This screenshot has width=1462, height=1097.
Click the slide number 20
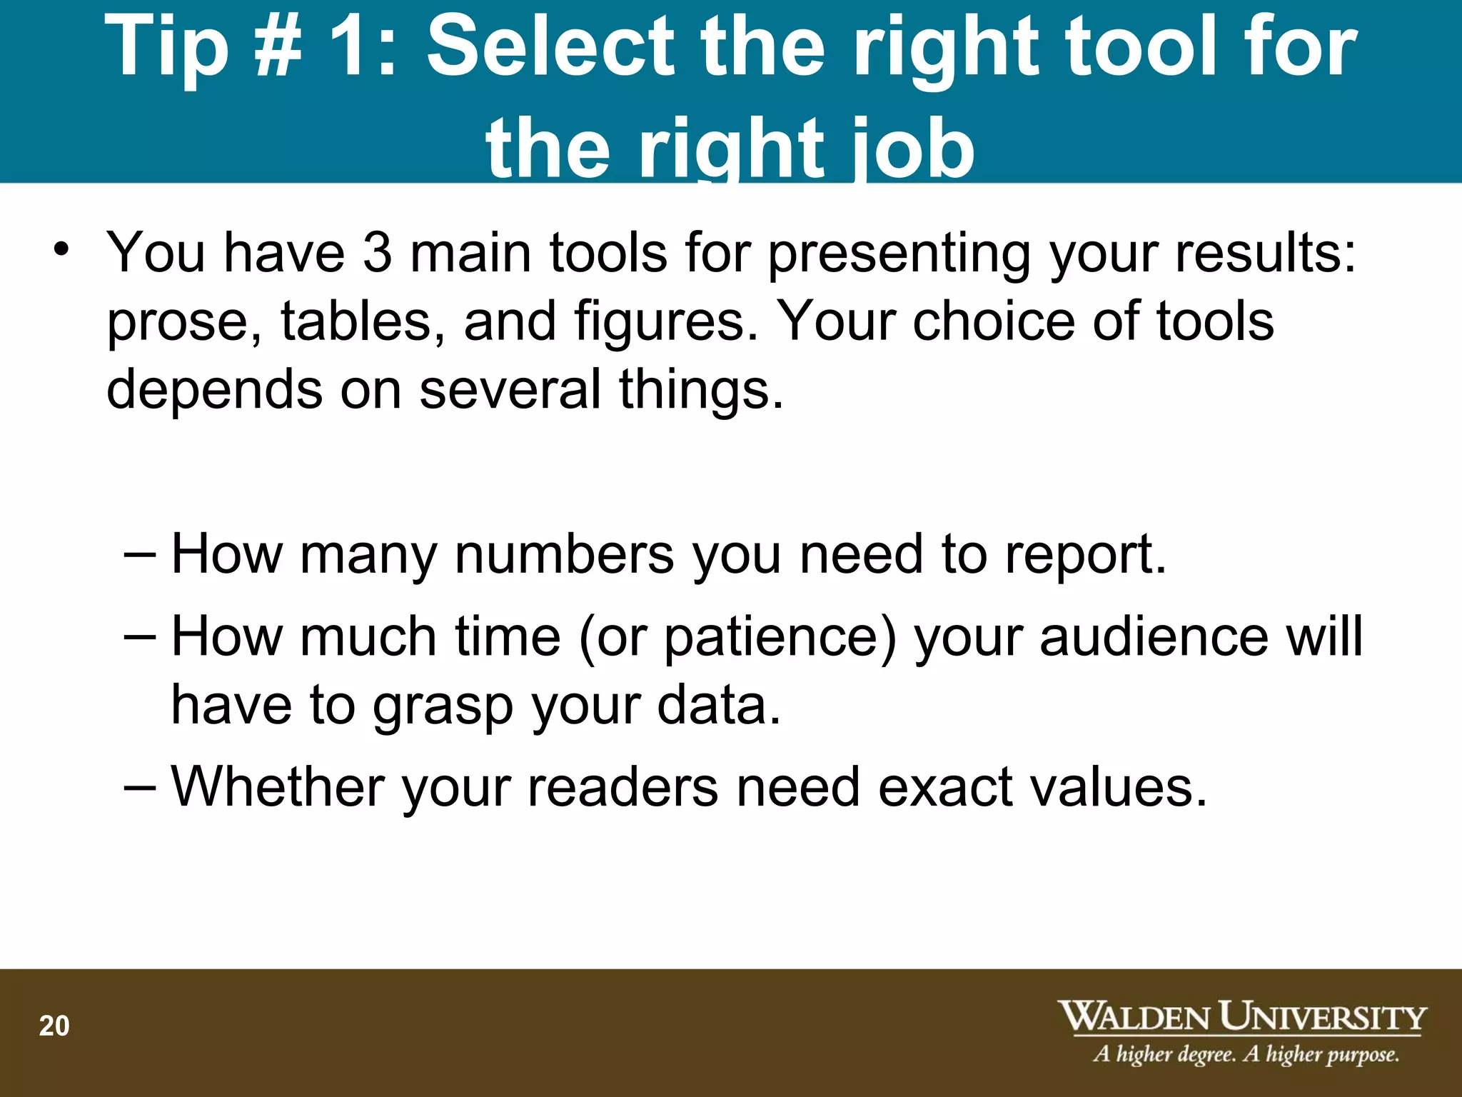(54, 1026)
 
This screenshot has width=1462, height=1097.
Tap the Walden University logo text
(1241, 1016)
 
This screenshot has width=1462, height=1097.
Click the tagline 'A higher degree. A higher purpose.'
(1246, 1054)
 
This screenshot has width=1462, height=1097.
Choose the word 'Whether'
(278, 787)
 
